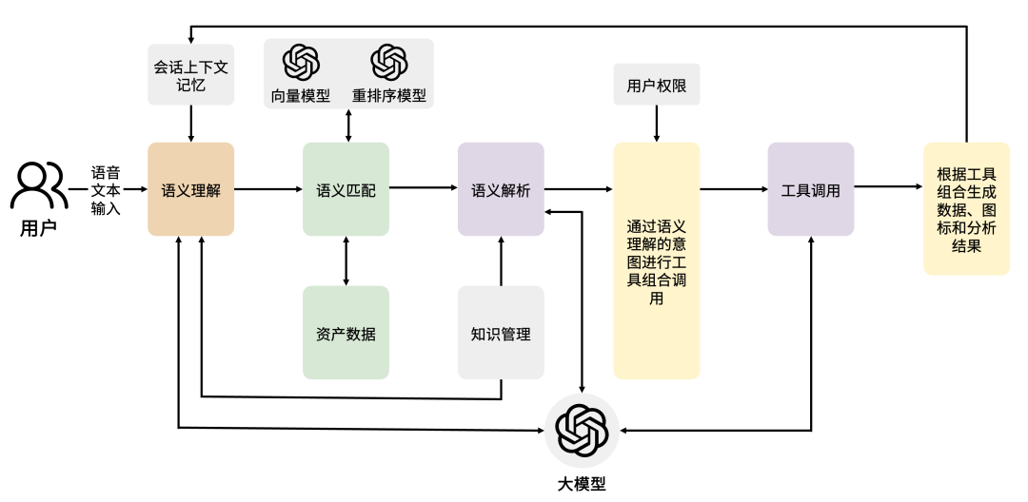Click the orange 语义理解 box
(190, 189)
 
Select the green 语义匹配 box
(346, 189)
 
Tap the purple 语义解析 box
(501, 189)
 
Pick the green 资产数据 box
(346, 333)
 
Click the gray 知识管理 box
(501, 333)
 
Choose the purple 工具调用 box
(810, 189)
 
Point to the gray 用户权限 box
(656, 86)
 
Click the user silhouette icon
(39, 186)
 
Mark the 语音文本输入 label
(106, 189)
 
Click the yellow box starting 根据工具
(966, 209)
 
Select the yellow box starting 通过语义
(656, 261)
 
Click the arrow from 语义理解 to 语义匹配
(267, 189)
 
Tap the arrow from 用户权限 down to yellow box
(656, 124)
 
